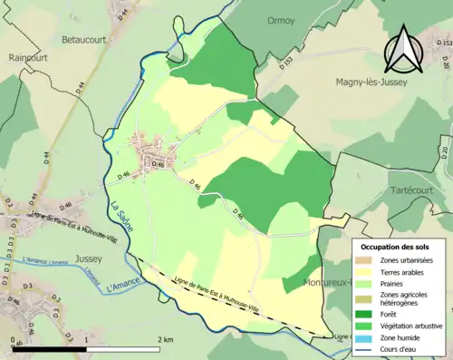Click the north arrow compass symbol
coord(400,49)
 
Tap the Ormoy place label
coord(282,19)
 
